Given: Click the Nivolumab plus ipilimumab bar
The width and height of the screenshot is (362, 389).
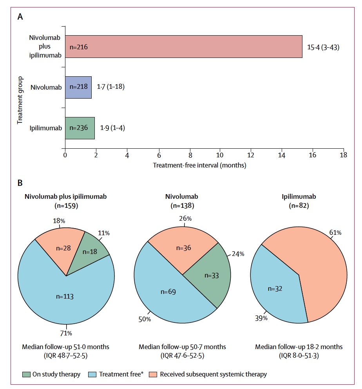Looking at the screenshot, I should pos(183,47).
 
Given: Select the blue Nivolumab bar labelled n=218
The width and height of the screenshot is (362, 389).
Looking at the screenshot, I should pos(78,87).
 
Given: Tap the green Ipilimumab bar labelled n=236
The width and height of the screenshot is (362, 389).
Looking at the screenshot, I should pos(80,128).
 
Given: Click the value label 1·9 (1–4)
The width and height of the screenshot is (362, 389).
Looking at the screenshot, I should pos(112,128).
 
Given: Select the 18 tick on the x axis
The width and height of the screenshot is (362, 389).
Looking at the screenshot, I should pos(344,155).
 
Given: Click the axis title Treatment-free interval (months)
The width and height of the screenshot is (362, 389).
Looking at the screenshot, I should pos(199,166).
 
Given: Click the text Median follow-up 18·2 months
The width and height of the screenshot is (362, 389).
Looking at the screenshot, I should pos(299,347).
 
